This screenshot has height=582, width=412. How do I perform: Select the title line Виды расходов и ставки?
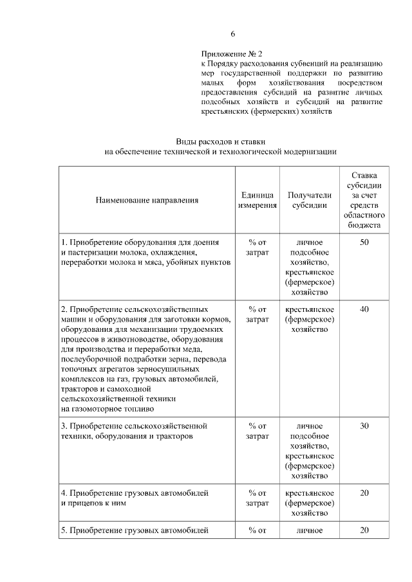[221, 141]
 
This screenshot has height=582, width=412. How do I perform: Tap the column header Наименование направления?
[147, 200]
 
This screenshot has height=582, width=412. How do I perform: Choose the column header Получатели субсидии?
[309, 200]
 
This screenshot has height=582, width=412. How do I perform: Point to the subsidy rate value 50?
[364, 242]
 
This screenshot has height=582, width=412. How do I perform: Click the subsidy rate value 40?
[364, 309]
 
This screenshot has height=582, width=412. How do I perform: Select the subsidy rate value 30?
[364, 426]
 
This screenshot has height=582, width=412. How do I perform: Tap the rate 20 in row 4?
[364, 493]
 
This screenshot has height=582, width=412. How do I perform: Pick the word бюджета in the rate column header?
[364, 226]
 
